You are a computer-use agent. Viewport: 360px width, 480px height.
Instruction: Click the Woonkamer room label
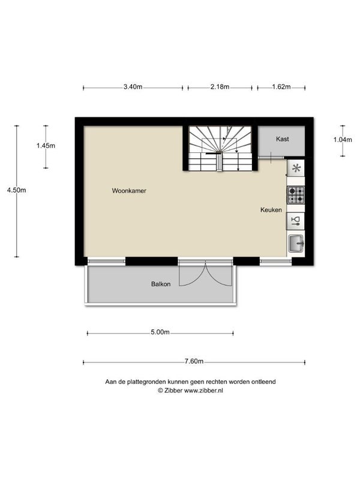pyautogui.click(x=129, y=191)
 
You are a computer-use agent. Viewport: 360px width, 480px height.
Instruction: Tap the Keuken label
pyautogui.click(x=271, y=210)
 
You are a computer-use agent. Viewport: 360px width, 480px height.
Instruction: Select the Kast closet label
pyautogui.click(x=283, y=139)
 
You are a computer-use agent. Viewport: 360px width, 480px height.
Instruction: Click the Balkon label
pyautogui.click(x=160, y=284)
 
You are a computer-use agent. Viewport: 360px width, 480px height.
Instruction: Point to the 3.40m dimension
pyautogui.click(x=133, y=87)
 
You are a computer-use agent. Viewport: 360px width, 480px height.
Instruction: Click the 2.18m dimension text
pyautogui.click(x=220, y=87)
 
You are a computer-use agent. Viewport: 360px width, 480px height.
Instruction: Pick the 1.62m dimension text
pyautogui.click(x=280, y=87)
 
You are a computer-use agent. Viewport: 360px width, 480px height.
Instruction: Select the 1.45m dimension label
pyautogui.click(x=46, y=146)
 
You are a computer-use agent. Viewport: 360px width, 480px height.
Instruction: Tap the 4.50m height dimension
pyautogui.click(x=16, y=190)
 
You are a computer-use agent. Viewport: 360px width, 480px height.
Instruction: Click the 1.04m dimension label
pyautogui.click(x=343, y=140)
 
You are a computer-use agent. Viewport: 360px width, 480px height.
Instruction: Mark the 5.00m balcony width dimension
pyautogui.click(x=160, y=332)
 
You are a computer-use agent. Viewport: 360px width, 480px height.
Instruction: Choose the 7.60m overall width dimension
pyautogui.click(x=194, y=362)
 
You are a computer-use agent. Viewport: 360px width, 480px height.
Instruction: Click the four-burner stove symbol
pyautogui.click(x=296, y=194)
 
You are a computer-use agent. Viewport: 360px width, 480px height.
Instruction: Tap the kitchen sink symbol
pyautogui.click(x=296, y=243)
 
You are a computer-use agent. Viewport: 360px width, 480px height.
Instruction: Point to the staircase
pyautogui.click(x=220, y=148)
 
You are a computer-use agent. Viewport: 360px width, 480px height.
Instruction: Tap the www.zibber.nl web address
pyautogui.click(x=203, y=390)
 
